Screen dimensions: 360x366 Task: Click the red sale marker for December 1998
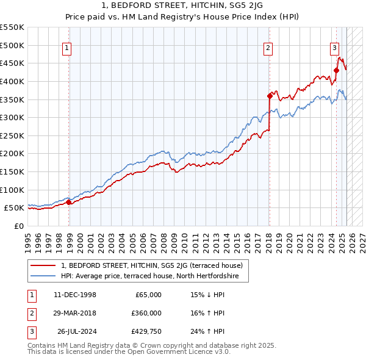pos(68,202)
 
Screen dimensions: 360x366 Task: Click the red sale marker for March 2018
pos(270,95)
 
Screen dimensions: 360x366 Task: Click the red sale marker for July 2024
pos(336,70)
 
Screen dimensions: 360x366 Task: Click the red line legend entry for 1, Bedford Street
pos(152,265)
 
